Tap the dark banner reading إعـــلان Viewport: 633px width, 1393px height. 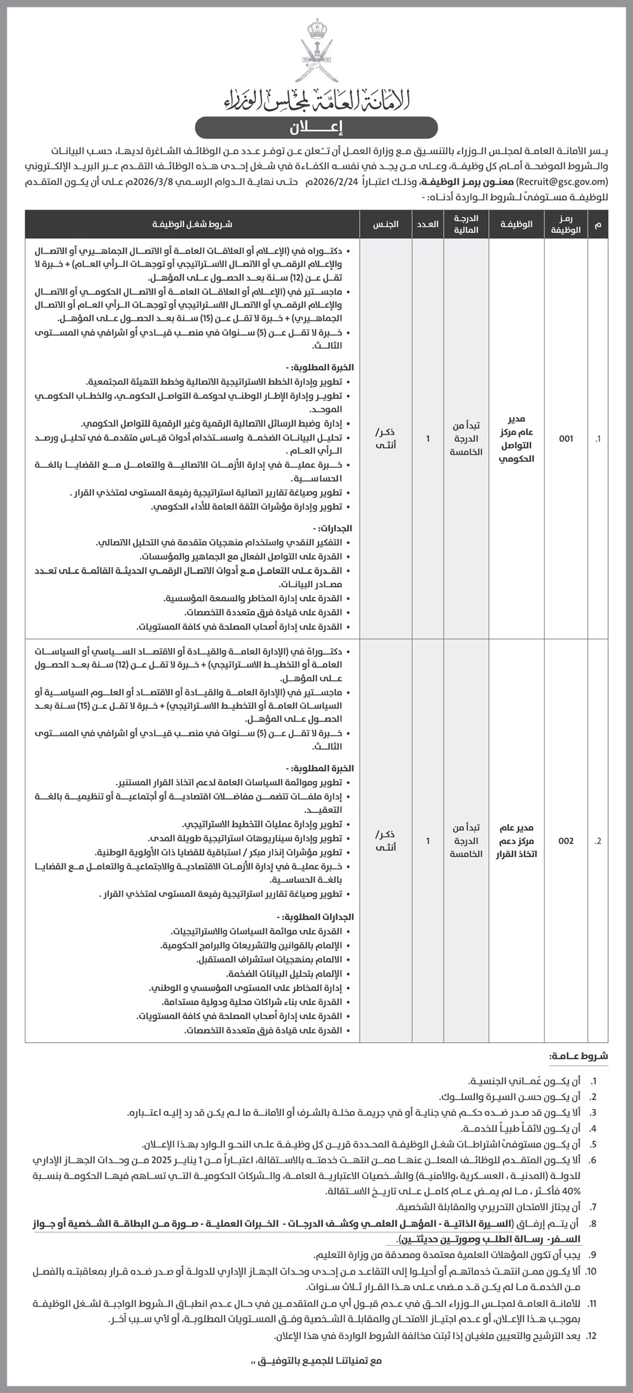coord(316,127)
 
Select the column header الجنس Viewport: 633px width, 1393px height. coord(386,225)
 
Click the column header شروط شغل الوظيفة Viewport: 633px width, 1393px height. coord(192,225)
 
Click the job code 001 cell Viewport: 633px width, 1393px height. coord(566,439)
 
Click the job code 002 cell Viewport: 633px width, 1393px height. coord(566,841)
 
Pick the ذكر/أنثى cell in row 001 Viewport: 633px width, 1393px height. coord(386,439)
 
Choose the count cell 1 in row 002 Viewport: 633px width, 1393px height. coord(428,841)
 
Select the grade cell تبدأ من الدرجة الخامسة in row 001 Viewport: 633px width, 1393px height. coord(466,439)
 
